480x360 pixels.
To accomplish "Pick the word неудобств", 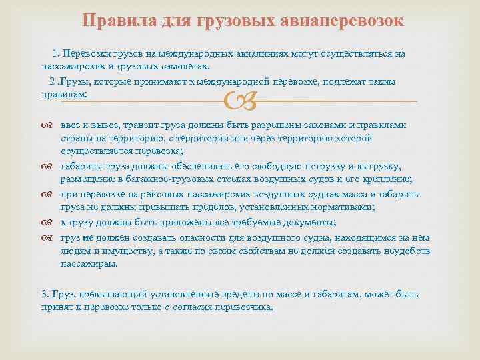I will (x=401, y=251).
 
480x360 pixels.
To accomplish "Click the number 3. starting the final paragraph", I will (x=45, y=294).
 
